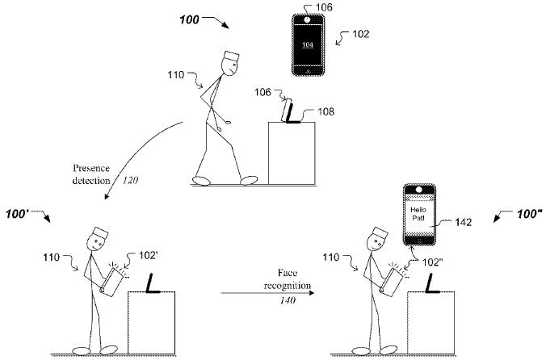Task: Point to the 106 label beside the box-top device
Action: pos(265,94)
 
